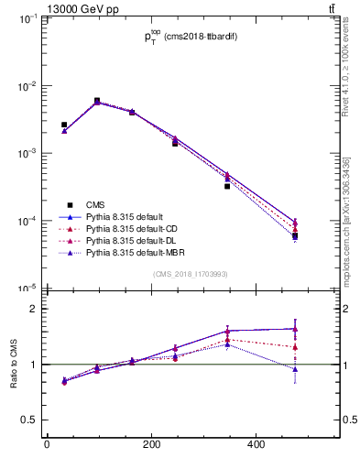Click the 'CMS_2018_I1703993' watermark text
(x=190, y=274)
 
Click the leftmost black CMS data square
(x=64, y=125)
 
